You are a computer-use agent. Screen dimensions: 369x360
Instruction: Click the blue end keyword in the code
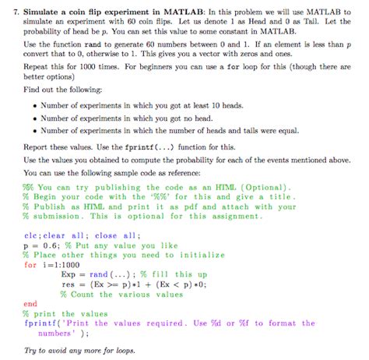(x=30, y=303)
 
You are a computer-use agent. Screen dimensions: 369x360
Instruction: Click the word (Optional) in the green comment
(x=262, y=187)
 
